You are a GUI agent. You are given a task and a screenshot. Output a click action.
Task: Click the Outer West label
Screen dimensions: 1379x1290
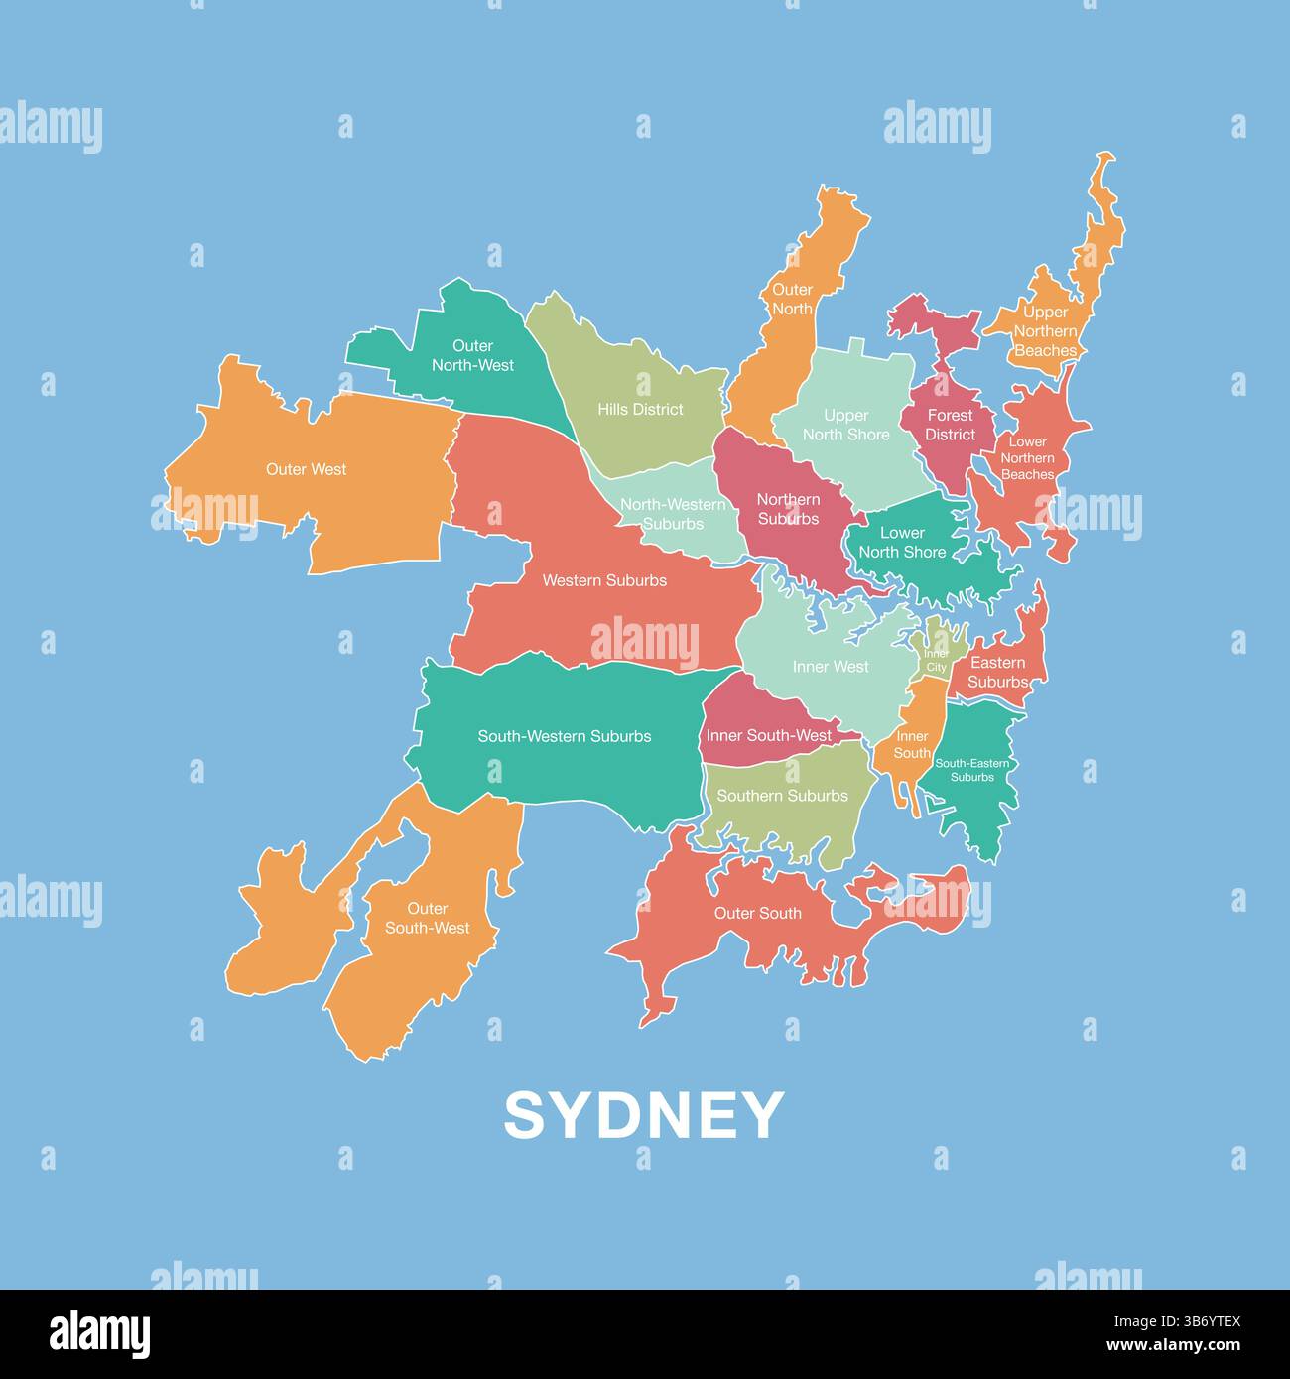point(306,469)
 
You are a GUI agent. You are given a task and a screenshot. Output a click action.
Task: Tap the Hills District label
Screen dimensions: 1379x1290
point(640,409)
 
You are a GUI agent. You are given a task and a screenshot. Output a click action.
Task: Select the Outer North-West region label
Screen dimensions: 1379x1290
point(472,355)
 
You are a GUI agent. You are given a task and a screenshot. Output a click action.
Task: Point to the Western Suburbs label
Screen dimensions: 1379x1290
point(604,580)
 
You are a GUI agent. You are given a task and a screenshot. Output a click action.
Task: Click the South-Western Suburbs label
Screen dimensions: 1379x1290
point(565,736)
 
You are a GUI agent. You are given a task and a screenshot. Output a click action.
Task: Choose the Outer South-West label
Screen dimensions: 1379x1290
point(428,918)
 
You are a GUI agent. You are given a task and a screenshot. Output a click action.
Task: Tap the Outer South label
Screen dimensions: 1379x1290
point(757,913)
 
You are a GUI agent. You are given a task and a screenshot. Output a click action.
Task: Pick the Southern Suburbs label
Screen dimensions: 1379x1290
point(782,796)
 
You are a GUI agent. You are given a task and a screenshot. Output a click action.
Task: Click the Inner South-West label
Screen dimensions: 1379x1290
point(769,736)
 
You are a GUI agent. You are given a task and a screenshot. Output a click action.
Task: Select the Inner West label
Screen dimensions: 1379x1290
point(831,667)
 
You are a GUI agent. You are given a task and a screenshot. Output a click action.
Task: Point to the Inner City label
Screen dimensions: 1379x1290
point(936,661)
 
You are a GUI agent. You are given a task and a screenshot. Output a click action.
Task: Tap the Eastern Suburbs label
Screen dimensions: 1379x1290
point(997,672)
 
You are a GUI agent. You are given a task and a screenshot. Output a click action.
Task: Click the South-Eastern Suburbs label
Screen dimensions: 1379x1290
point(971,770)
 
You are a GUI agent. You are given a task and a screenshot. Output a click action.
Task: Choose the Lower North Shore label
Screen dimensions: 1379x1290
point(902,542)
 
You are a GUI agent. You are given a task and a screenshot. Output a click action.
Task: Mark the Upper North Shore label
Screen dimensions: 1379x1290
point(845,425)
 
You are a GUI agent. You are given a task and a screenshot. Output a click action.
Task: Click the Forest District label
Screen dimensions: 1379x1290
point(950,425)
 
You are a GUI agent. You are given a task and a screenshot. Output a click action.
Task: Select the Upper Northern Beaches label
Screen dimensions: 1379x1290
point(1045,331)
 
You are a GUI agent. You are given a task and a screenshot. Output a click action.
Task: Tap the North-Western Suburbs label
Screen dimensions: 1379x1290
point(673,514)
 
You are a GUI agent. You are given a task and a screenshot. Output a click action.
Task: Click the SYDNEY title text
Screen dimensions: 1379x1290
point(644,1115)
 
